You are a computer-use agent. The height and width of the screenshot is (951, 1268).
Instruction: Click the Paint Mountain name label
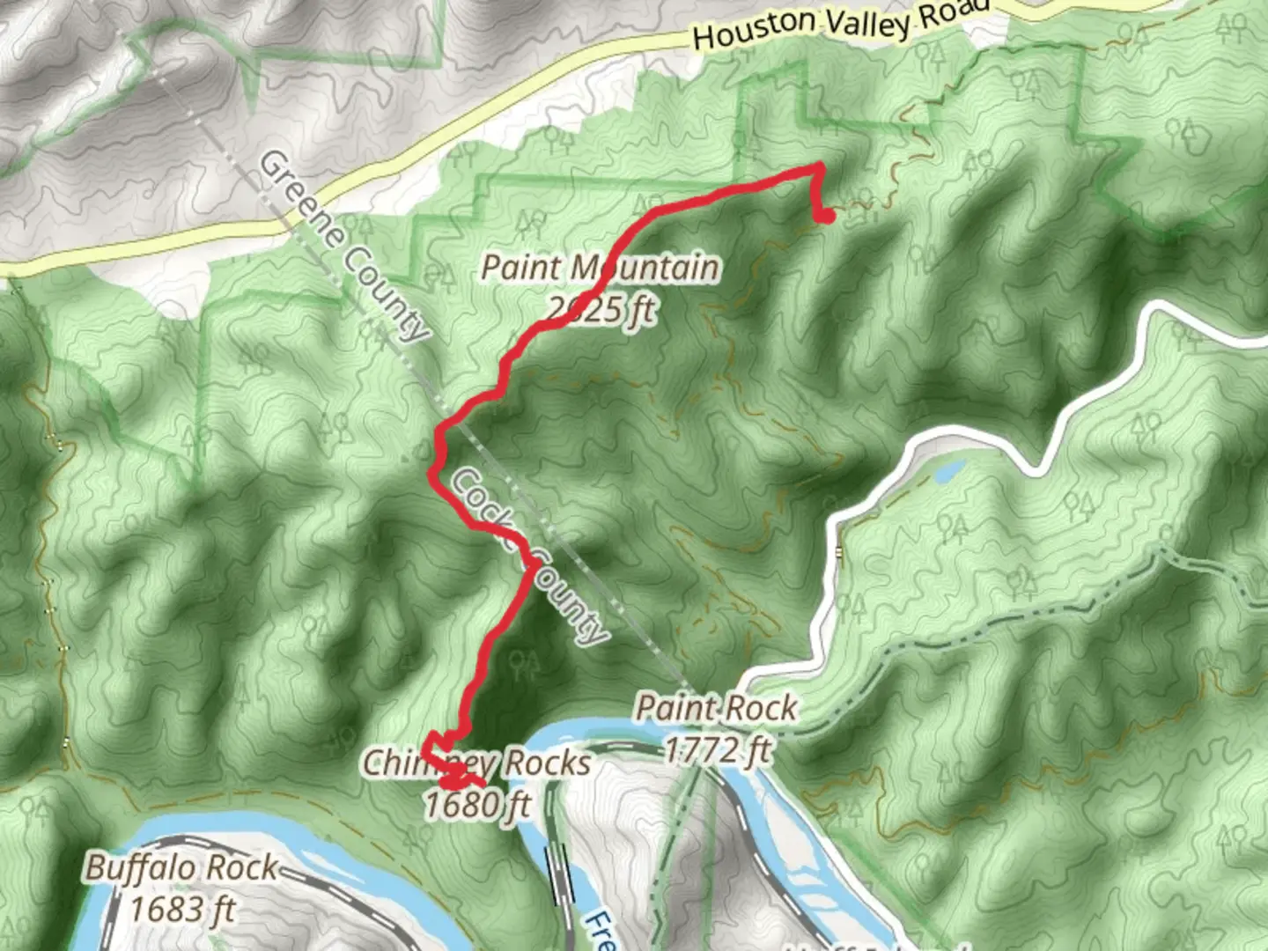pyautogui.click(x=599, y=268)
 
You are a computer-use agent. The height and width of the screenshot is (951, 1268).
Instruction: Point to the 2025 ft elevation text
pyautogui.click(x=601, y=309)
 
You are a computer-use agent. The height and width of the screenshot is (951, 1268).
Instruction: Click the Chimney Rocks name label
pyautogui.click(x=476, y=763)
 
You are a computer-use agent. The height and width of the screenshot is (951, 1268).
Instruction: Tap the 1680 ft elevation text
pyautogui.click(x=477, y=804)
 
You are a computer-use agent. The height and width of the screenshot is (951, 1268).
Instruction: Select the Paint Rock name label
pyautogui.click(x=716, y=707)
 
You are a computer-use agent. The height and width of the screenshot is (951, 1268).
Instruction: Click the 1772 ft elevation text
pyautogui.click(x=717, y=749)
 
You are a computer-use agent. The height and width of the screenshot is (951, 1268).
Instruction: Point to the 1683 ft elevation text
pyautogui.click(x=182, y=909)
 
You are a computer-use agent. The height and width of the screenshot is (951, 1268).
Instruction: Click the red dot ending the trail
pyautogui.click(x=826, y=214)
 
